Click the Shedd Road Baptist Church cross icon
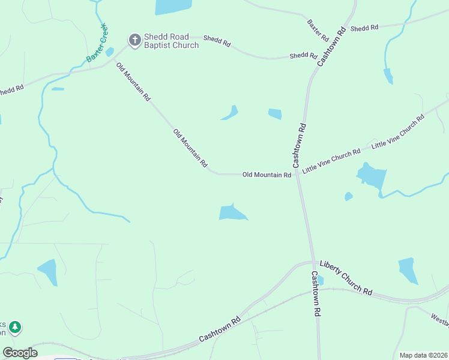[x=135, y=40]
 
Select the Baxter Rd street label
[x=318, y=30]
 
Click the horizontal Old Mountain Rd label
[x=267, y=175]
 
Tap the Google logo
[x=20, y=352]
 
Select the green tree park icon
[x=15, y=328]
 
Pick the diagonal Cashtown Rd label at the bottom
[x=220, y=329]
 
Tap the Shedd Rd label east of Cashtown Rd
[x=364, y=28]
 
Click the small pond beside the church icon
[x=109, y=52]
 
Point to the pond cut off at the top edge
[x=173, y=6]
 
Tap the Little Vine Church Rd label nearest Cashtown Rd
[x=331, y=161]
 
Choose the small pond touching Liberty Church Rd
[x=320, y=280]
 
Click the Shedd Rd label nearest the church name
[x=217, y=40]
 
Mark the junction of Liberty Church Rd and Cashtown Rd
[x=312, y=262]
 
